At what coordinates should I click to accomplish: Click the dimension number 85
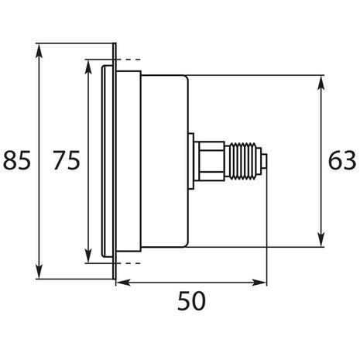tap(16, 161)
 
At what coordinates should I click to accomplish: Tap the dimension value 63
tap(341, 161)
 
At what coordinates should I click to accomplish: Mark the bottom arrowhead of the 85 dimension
tap(38, 274)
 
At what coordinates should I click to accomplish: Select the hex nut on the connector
tap(209, 161)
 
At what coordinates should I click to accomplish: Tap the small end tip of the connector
tap(264, 161)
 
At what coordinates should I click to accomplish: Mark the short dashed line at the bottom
tap(130, 262)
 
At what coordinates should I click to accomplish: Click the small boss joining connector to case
tap(191, 161)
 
